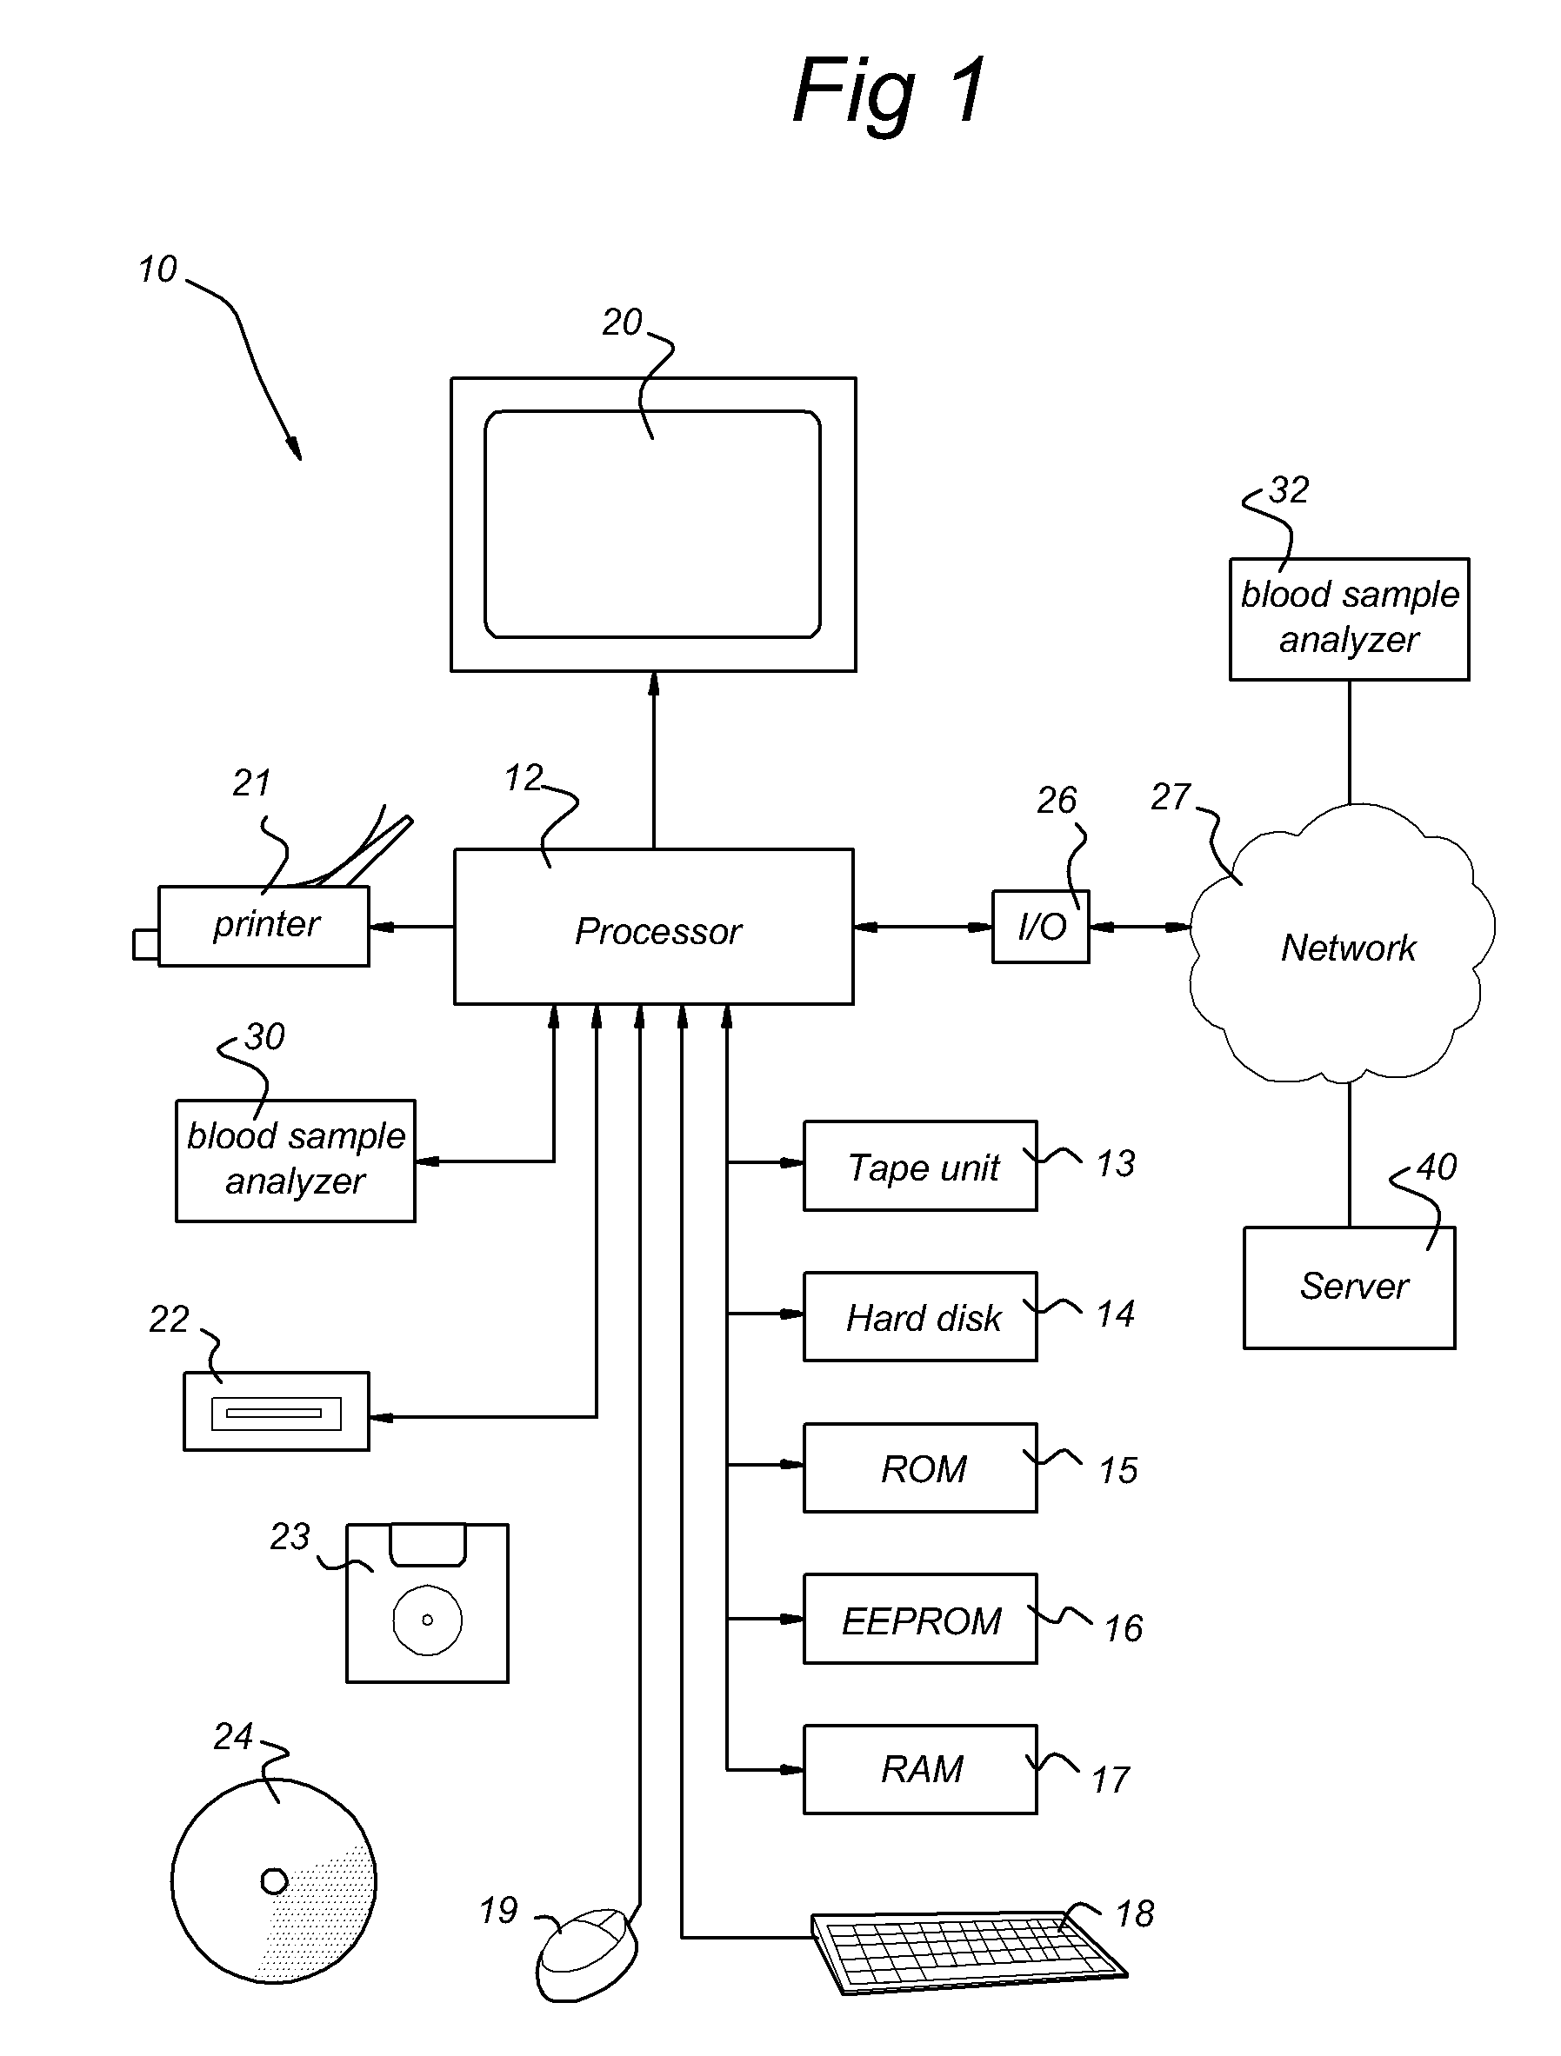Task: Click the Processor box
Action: pyautogui.click(x=654, y=927)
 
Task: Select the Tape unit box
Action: pyautogui.click(x=920, y=1166)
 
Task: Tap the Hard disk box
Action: pyautogui.click(x=920, y=1316)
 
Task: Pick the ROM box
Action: pyautogui.click(x=920, y=1467)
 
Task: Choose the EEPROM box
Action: pyautogui.click(x=920, y=1619)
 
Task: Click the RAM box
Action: pyautogui.click(x=920, y=1770)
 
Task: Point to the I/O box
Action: pyautogui.click(x=1040, y=927)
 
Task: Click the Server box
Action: pyautogui.click(x=1349, y=1287)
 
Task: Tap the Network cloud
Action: pyautogui.click(x=1342, y=942)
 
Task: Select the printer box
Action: pyautogui.click(x=264, y=926)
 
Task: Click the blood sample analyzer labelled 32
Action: pyautogui.click(x=1349, y=619)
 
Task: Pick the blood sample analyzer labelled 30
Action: pyautogui.click(x=296, y=1161)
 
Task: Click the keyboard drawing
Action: pyautogui.click(x=969, y=1952)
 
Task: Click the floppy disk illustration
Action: pyautogui.click(x=428, y=1603)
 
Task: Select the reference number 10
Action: pyautogui.click(x=157, y=269)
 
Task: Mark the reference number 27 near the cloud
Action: pyautogui.click(x=1171, y=796)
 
